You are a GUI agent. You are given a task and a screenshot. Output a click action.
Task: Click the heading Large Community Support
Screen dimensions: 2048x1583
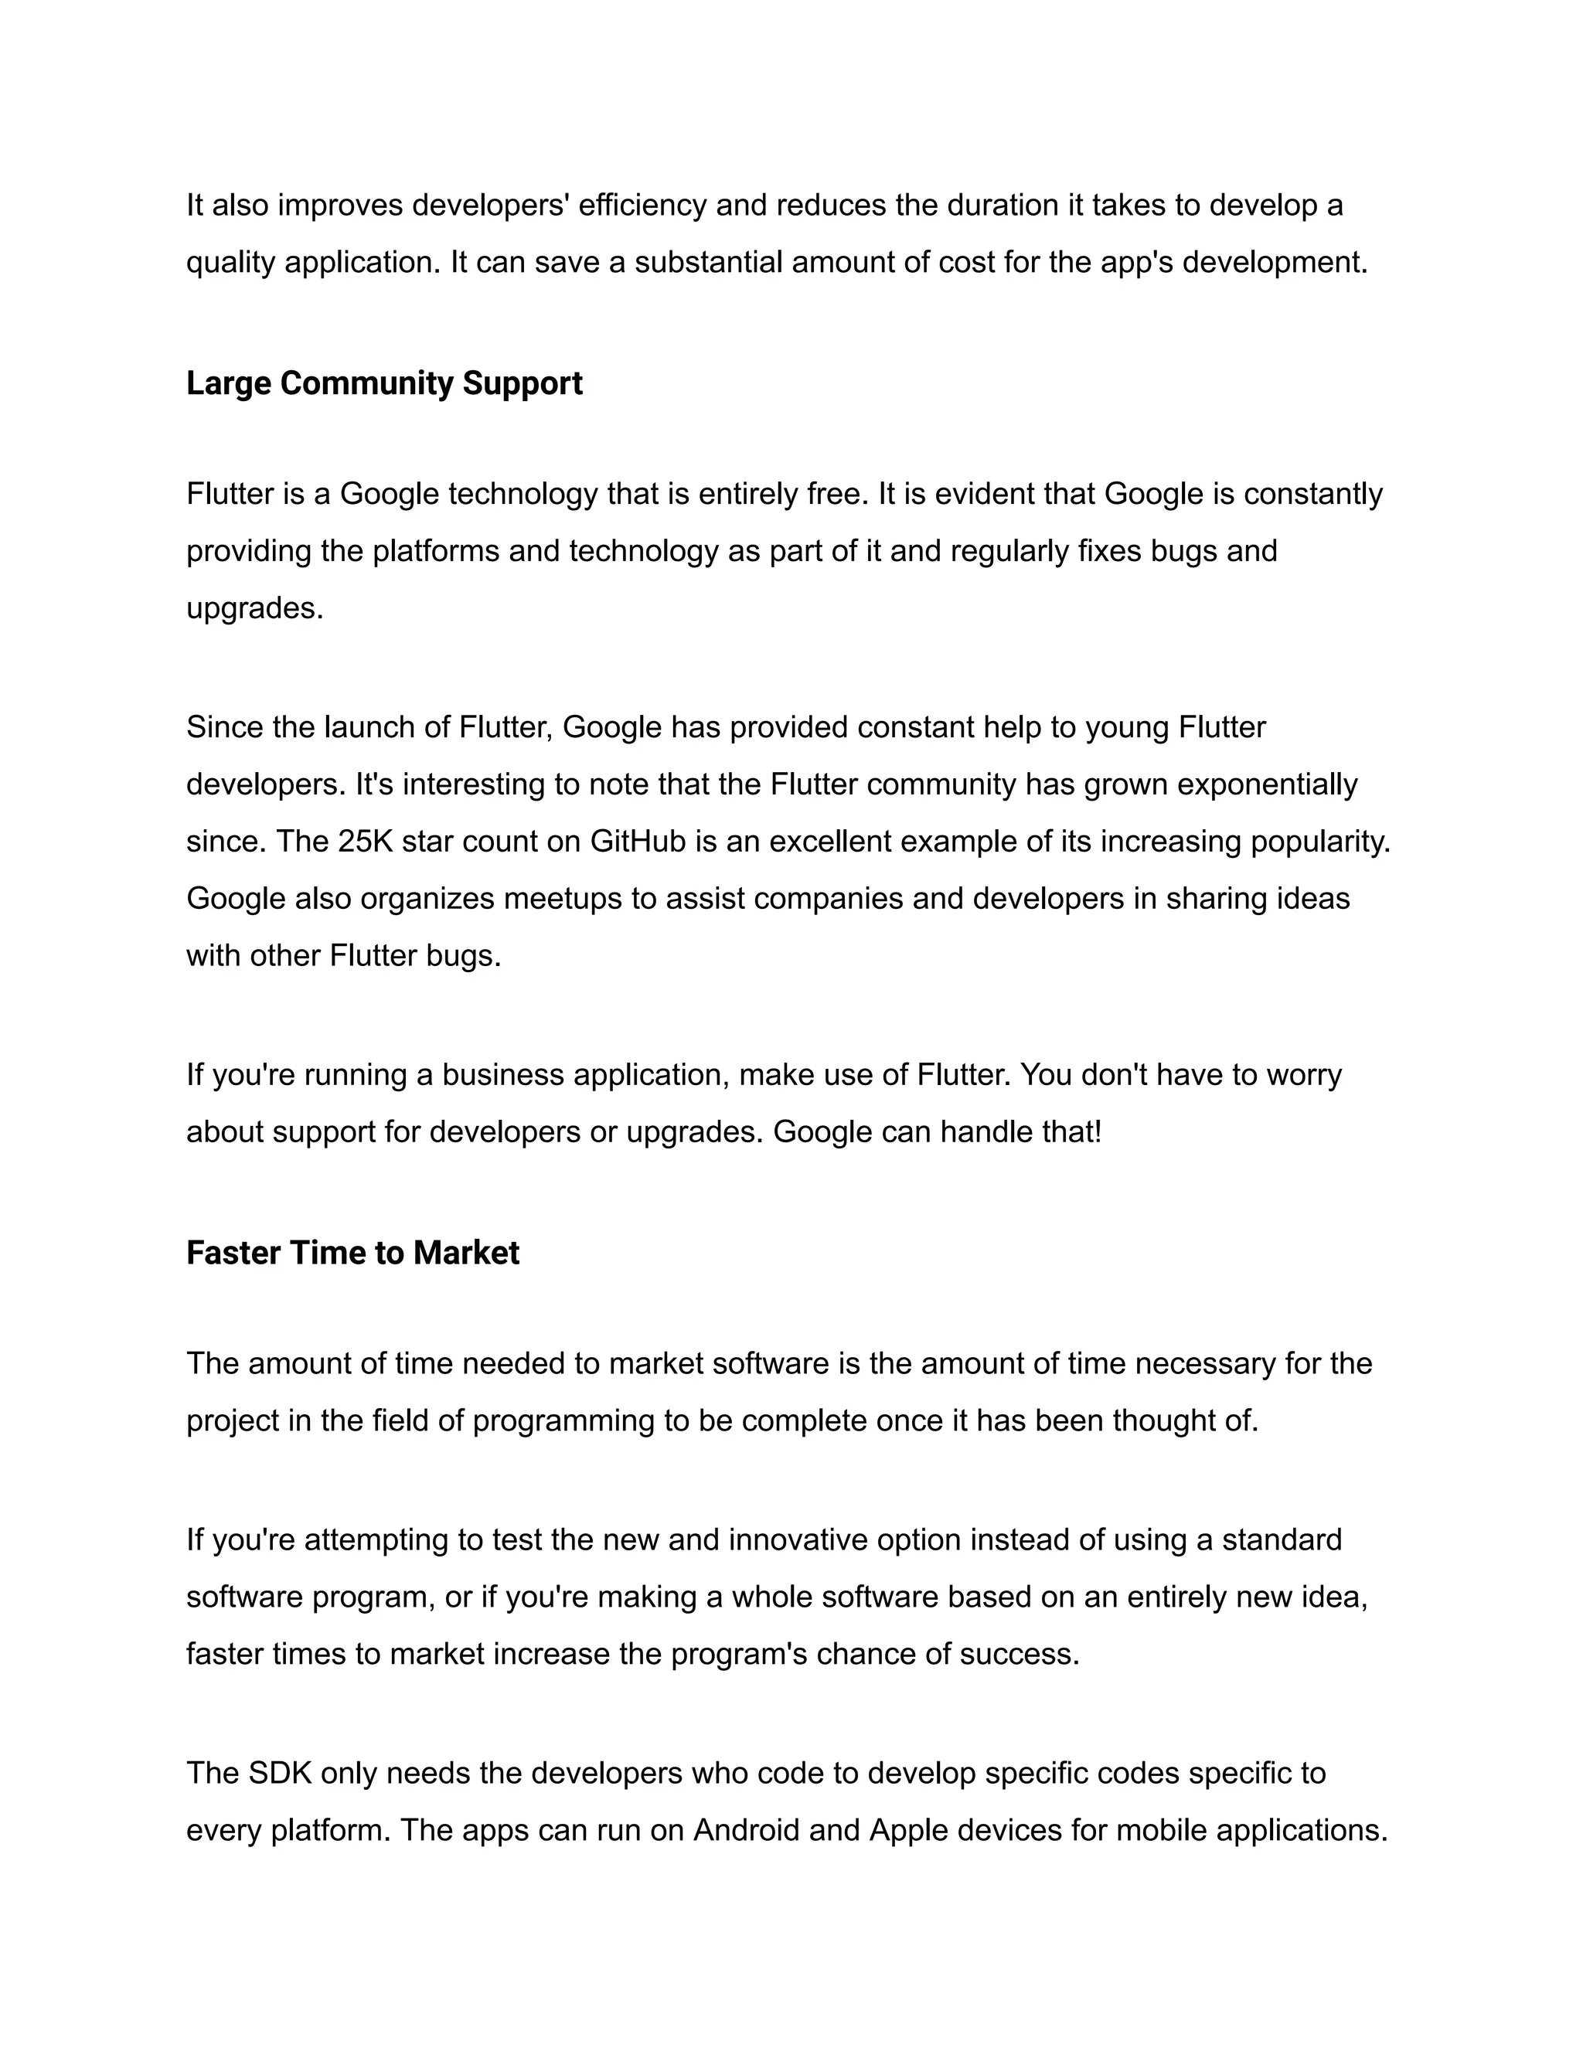pyautogui.click(x=384, y=383)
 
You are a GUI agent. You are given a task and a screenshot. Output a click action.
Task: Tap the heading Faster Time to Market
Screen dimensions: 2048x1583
pyautogui.click(x=352, y=1253)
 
